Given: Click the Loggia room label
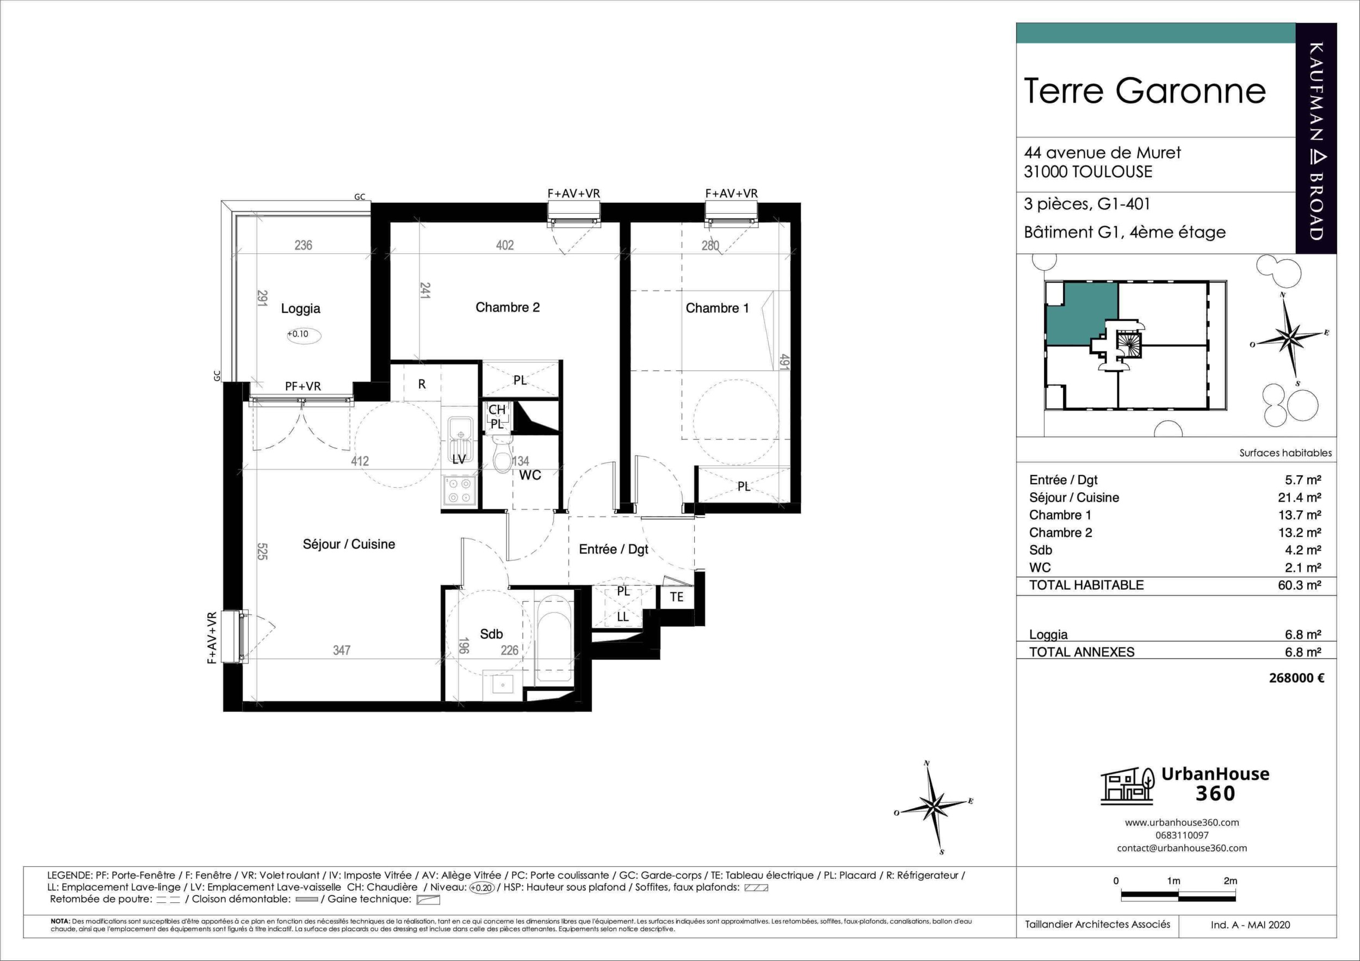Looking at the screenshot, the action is (300, 308).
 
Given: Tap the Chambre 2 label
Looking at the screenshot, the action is (508, 307).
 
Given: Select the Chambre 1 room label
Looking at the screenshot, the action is (717, 308).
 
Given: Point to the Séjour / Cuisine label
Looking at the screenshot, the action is (349, 544).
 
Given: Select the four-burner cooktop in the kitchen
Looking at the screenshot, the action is (459, 491).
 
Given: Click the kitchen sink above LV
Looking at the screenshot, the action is (460, 439).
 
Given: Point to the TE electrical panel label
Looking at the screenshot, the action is (676, 597).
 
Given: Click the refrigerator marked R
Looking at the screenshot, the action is (422, 383).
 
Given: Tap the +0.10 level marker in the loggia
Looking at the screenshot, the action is (303, 334).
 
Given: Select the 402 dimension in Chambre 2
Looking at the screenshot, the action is (505, 245).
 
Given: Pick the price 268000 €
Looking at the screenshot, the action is (1296, 678).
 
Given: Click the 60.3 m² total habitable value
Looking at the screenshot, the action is (1300, 585).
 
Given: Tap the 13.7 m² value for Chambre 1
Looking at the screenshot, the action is (1300, 515).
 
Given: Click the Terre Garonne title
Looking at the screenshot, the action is (1145, 91).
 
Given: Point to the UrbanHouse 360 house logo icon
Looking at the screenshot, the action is (1127, 786).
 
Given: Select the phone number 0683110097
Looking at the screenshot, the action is (1182, 835).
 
